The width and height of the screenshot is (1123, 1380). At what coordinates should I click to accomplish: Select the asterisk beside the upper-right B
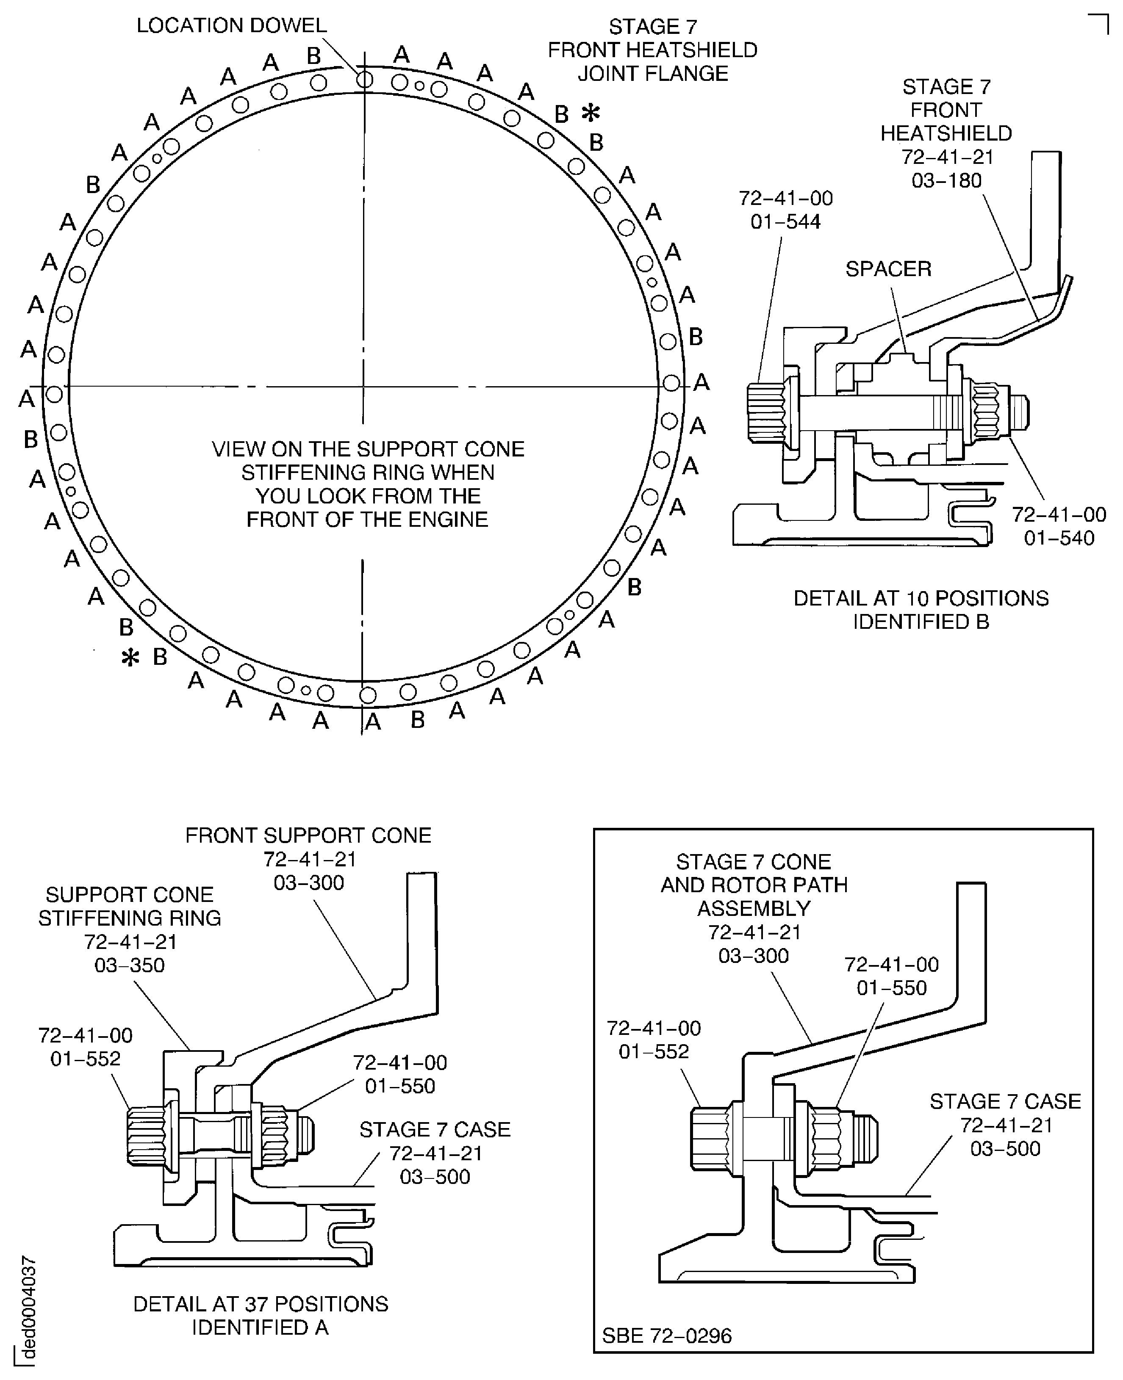(x=590, y=114)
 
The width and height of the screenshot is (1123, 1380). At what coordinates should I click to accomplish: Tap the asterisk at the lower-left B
(x=130, y=659)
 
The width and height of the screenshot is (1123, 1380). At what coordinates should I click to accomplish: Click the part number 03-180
(x=946, y=180)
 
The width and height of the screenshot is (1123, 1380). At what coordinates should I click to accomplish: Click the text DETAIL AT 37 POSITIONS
(x=260, y=1304)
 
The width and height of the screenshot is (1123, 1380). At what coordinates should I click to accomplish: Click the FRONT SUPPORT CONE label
(x=308, y=835)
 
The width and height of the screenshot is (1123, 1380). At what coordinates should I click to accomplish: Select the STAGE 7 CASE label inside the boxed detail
(x=1005, y=1101)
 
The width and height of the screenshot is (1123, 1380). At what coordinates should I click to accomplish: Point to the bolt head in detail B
(x=765, y=412)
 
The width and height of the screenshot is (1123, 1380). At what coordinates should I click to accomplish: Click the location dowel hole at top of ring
(x=365, y=80)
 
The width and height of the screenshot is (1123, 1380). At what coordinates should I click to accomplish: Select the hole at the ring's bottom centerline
(x=367, y=696)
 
